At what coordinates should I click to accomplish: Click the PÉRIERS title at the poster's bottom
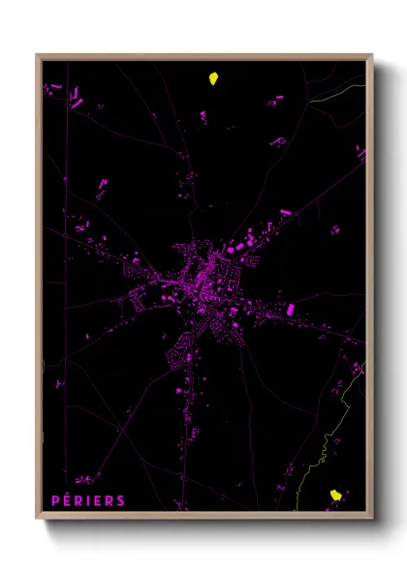[88, 500]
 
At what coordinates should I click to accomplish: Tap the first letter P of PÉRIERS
[55, 500]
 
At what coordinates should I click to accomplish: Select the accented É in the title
[67, 500]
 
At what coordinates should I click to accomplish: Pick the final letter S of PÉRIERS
[121, 500]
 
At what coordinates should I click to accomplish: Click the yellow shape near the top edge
[213, 78]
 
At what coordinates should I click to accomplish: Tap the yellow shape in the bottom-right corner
[336, 494]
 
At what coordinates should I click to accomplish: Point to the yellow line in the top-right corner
[344, 93]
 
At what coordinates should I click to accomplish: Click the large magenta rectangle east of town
[290, 309]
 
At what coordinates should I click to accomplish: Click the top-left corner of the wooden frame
[37, 54]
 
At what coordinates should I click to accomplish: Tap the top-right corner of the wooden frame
[372, 54]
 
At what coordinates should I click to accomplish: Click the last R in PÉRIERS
[110, 500]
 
